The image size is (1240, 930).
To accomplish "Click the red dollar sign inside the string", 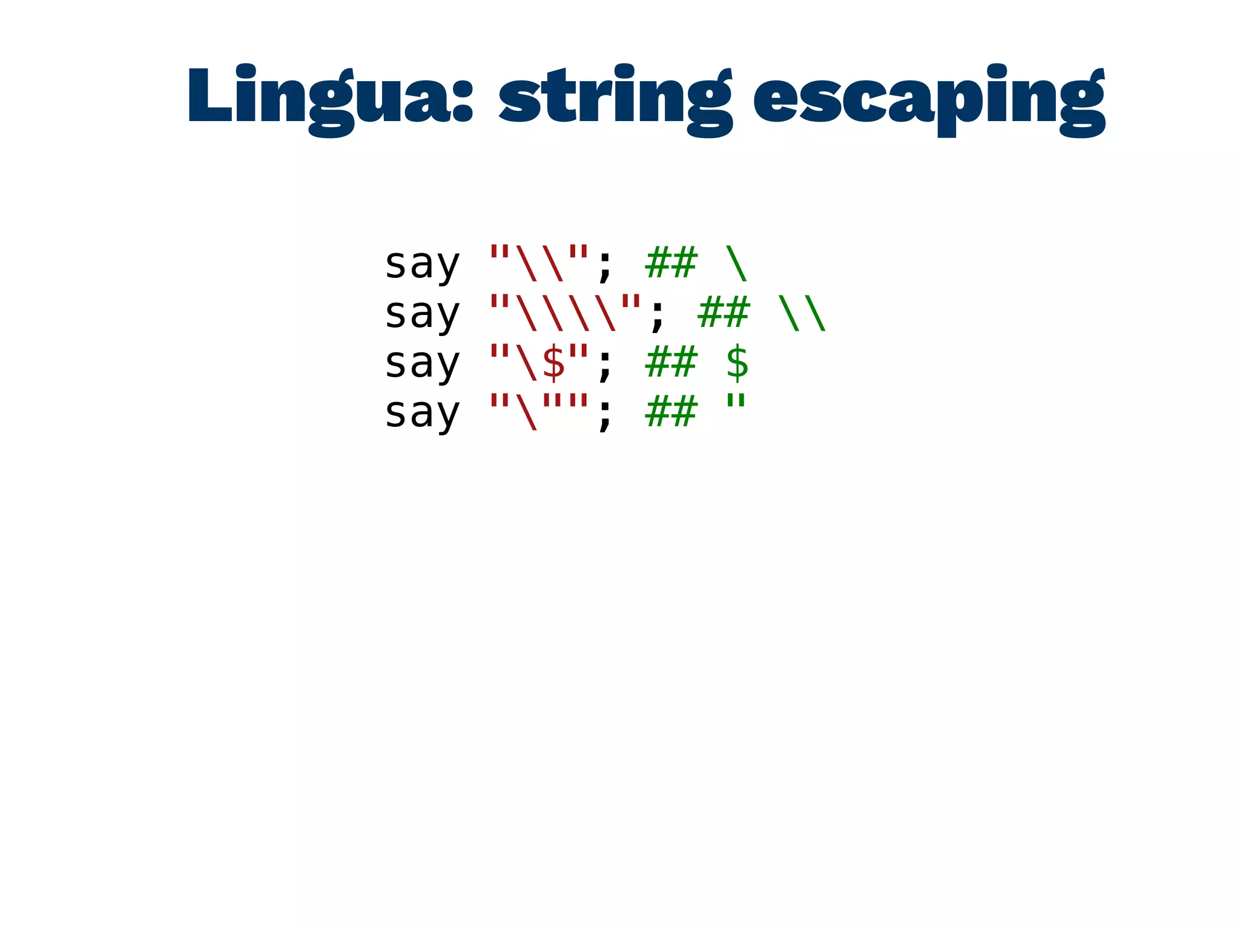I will [553, 363].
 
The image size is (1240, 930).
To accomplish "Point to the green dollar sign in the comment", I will [737, 363].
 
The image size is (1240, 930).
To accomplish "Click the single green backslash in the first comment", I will [737, 263].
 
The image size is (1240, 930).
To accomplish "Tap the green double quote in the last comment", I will [736, 402].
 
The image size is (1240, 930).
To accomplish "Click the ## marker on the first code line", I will [671, 263].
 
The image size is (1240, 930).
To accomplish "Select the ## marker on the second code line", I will [724, 312].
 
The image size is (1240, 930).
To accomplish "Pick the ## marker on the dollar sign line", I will [671, 362].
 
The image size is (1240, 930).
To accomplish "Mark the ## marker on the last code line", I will [671, 412].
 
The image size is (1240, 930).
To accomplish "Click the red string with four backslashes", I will [565, 312].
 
